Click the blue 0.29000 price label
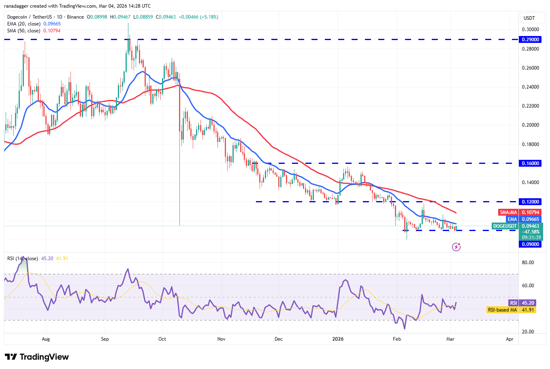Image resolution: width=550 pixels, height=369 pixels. (x=530, y=40)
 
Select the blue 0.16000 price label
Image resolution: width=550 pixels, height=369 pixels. (x=530, y=163)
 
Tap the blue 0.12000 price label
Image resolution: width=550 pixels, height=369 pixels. (x=530, y=202)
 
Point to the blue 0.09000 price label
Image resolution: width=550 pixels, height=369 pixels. (x=530, y=244)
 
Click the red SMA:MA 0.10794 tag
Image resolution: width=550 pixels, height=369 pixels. (x=519, y=212)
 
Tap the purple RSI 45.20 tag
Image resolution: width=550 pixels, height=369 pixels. (x=522, y=303)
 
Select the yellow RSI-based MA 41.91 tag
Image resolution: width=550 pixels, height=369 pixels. (x=511, y=310)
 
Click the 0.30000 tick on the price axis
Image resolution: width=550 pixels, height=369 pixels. (x=530, y=30)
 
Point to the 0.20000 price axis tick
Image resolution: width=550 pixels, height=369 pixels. (x=530, y=125)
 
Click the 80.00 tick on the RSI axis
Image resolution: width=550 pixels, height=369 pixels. (x=528, y=263)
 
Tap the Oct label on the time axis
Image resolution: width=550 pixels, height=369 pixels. (x=162, y=339)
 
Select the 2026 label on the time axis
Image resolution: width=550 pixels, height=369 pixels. (x=338, y=339)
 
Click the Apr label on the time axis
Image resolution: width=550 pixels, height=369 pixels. (x=509, y=339)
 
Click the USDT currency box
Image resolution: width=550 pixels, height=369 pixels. (x=529, y=18)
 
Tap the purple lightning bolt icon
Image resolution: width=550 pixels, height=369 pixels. (x=456, y=247)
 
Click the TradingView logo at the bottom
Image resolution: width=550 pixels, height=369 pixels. (x=37, y=357)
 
